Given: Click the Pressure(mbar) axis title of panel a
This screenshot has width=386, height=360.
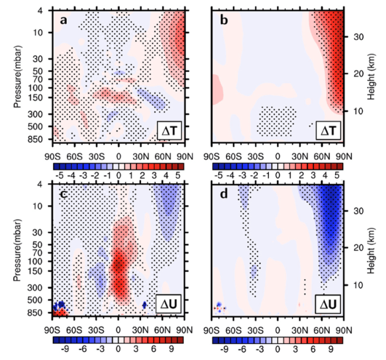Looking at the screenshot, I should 22,76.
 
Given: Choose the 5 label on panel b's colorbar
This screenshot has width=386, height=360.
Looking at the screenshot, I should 336,174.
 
